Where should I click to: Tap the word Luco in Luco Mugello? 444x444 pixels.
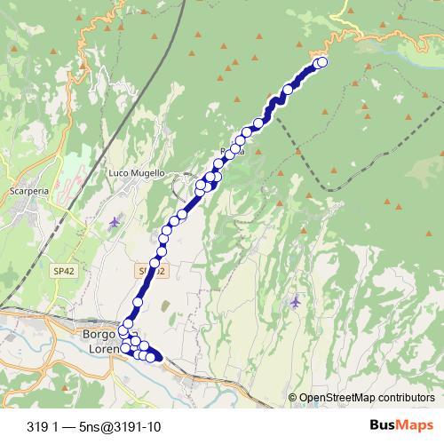(118, 172)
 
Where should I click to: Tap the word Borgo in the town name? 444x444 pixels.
(99, 335)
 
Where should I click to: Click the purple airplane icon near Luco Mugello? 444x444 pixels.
(114, 221)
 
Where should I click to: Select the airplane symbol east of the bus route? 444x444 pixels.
(296, 302)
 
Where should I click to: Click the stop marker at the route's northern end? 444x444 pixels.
(322, 61)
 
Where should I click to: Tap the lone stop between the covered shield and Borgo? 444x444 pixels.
(137, 302)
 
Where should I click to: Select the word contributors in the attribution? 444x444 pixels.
(407, 398)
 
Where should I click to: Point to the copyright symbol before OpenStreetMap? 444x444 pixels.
(293, 398)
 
